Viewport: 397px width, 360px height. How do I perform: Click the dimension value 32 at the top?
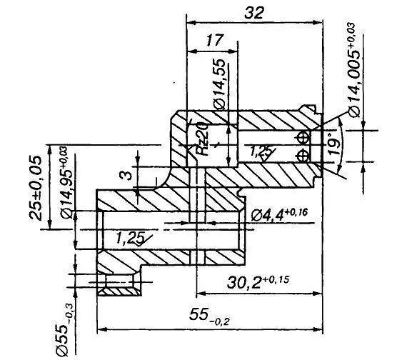point(254,13)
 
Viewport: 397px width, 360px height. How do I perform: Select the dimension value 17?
point(215,40)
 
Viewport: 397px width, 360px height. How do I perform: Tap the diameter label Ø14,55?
point(219,84)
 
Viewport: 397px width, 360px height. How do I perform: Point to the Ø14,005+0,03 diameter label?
point(354,70)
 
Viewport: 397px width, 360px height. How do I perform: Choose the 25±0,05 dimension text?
point(35,188)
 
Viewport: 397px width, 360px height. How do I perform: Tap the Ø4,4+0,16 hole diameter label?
point(279,215)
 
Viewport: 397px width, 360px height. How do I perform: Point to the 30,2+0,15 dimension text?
point(258,281)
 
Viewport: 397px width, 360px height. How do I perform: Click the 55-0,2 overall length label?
point(209,316)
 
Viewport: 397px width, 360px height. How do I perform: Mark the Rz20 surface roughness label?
point(203,139)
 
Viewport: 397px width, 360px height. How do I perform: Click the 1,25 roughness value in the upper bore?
point(258,151)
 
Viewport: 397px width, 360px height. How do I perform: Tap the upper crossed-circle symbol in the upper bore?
point(303,138)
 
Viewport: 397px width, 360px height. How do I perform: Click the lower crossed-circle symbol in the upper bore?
point(303,155)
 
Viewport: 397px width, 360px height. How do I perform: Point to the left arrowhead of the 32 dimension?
point(191,23)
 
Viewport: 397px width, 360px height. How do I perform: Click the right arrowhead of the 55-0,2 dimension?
point(318,329)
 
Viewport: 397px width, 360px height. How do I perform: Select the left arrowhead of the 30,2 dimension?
point(201,294)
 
